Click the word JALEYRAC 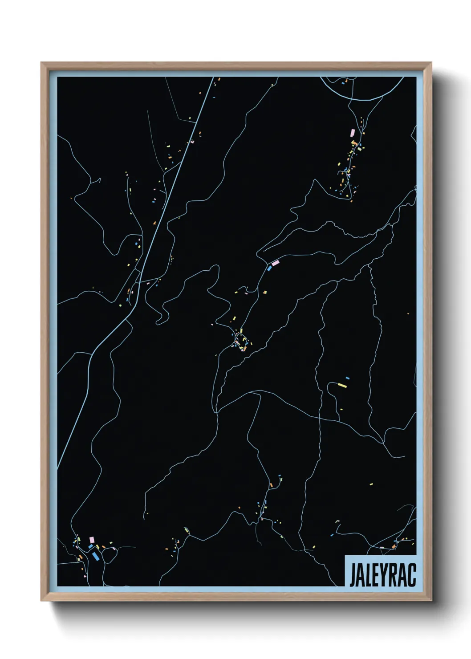tap(382, 575)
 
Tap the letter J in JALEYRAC tap(352, 576)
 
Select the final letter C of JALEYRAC tap(412, 576)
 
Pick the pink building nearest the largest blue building tap(92, 540)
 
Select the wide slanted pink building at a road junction tap(275, 263)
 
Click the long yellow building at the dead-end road tap(342, 385)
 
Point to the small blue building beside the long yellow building tap(347, 378)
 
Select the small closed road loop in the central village tap(240, 338)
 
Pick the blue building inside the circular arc tap(343, 82)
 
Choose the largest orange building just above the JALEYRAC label tap(394, 546)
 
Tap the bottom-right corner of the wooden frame tap(431, 600)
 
